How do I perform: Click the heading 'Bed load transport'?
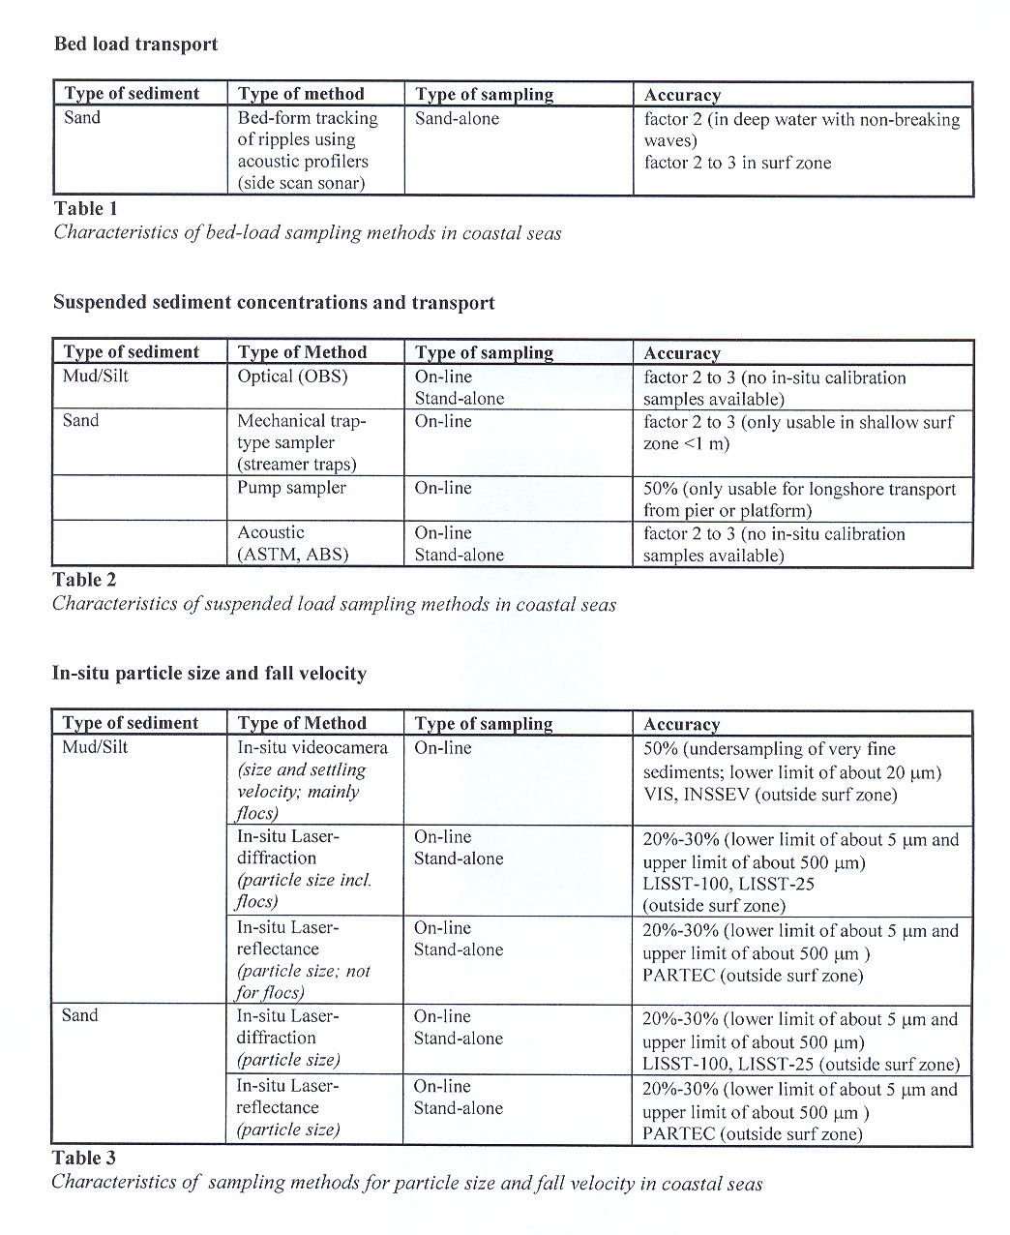click(x=135, y=45)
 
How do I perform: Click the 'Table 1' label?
click(x=85, y=208)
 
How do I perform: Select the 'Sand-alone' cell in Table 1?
click(x=457, y=119)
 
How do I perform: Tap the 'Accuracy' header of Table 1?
click(x=682, y=95)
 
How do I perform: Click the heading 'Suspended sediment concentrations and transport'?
click(x=274, y=303)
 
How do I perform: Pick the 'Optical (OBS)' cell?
click(x=292, y=377)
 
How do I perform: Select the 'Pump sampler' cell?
click(x=291, y=488)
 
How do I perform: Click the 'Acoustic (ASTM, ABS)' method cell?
click(x=292, y=544)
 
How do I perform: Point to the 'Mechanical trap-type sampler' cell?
click(x=301, y=442)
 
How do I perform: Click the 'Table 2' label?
click(x=84, y=580)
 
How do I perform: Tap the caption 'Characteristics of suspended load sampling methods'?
click(x=334, y=604)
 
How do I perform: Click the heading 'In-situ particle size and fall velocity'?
click(x=209, y=674)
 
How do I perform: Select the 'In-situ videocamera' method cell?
click(x=312, y=748)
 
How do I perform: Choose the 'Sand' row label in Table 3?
click(x=79, y=1015)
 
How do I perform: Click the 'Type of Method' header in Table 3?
click(x=302, y=723)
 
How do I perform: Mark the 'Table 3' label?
click(x=83, y=1158)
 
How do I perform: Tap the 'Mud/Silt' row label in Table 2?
click(x=95, y=377)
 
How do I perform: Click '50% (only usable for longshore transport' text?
click(x=799, y=490)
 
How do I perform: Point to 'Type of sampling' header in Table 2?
click(x=484, y=352)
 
